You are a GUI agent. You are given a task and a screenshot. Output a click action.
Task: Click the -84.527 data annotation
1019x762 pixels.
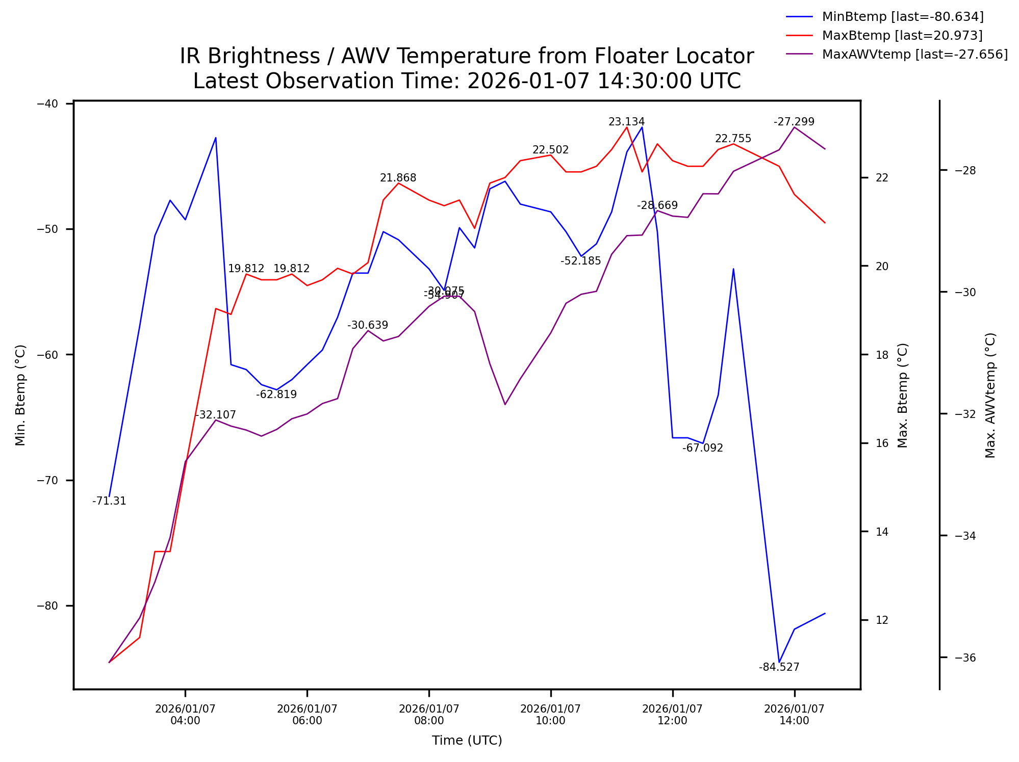779,667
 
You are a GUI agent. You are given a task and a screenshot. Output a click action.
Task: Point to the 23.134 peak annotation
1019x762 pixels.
626,122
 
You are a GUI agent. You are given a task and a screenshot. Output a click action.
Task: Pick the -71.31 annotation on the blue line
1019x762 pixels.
109,501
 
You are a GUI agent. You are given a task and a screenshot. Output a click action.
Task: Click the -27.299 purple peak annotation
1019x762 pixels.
794,122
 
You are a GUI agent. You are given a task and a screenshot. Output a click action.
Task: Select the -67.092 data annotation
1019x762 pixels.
702,448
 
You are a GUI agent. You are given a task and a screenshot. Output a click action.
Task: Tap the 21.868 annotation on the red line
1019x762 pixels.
398,178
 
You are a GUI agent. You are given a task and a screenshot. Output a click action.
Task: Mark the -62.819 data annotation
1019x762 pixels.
276,395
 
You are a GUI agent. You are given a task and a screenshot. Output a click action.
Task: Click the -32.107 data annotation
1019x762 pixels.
215,415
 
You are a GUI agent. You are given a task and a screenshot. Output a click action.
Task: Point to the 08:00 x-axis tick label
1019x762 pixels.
429,715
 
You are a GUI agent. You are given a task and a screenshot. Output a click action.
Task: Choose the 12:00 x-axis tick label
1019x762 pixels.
672,715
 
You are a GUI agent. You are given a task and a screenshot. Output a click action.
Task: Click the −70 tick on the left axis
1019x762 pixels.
48,480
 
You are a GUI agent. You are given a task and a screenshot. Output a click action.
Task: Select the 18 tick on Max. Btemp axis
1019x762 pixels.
882,355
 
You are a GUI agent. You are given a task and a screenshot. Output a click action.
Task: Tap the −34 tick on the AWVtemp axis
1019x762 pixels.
965,536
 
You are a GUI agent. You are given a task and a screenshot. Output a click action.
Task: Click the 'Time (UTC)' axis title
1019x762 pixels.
467,741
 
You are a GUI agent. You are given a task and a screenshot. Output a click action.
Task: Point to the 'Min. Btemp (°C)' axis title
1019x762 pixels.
20,395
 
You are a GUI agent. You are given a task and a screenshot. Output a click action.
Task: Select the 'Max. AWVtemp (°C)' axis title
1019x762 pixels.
990,395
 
